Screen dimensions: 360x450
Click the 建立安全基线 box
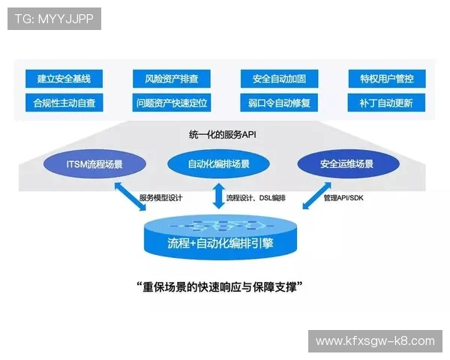point(64,78)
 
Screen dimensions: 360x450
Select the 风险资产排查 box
point(172,78)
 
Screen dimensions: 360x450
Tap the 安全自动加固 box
point(279,78)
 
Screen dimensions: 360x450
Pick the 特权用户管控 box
point(387,78)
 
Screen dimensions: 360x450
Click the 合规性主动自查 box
point(64,102)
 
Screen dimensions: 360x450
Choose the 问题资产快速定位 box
point(172,102)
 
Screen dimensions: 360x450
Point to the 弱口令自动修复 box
point(279,102)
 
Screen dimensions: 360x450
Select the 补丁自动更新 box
point(387,102)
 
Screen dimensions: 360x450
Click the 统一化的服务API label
point(223,136)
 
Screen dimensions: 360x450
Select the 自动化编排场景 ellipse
point(219,163)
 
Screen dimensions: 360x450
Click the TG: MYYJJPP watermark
point(53,18)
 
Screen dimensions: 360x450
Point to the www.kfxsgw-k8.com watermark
point(374,341)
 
